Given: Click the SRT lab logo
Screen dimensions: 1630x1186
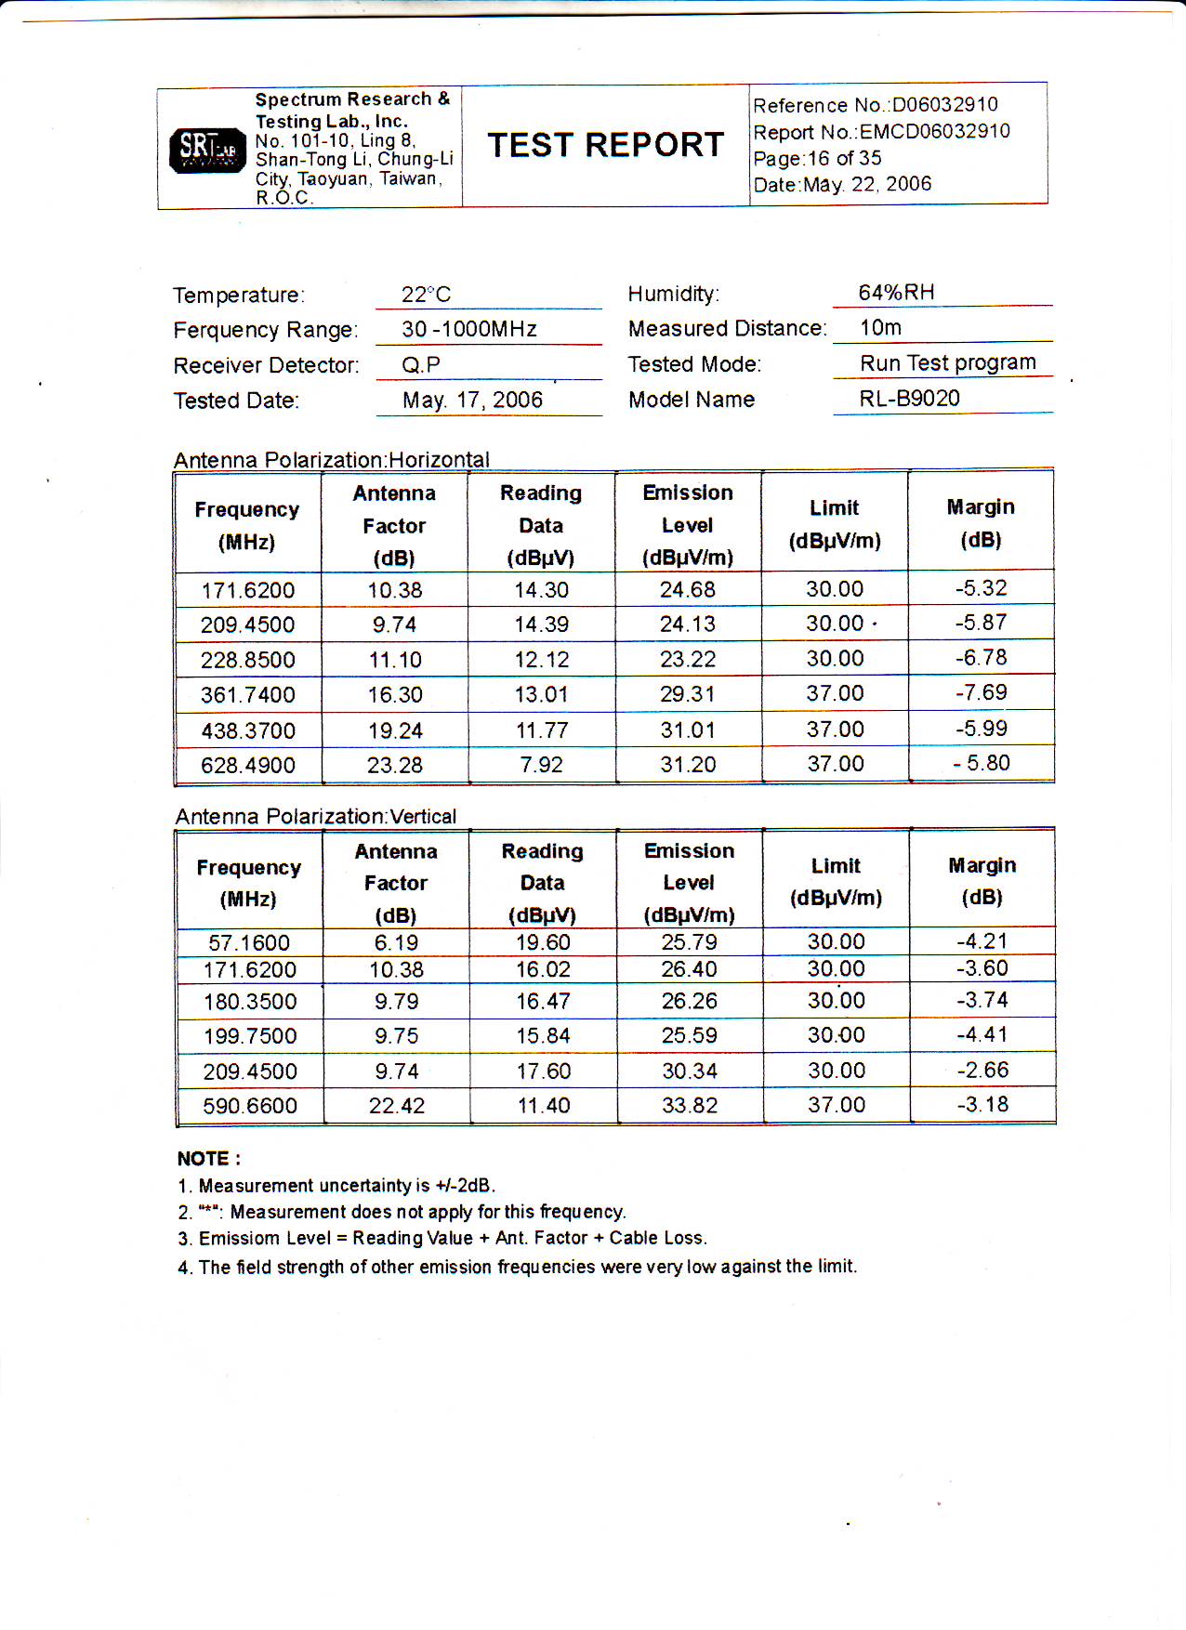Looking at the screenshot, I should tap(207, 149).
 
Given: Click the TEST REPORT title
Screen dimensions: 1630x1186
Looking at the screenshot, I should tap(605, 145).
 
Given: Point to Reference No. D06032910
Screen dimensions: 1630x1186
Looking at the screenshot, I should tap(875, 105).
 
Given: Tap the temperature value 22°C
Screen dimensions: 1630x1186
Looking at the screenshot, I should tap(426, 295).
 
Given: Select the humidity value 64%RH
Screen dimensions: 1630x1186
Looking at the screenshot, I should tap(896, 293).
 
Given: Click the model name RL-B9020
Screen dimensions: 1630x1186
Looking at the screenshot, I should tap(909, 399).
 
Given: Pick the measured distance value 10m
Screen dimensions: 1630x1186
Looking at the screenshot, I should tap(880, 328).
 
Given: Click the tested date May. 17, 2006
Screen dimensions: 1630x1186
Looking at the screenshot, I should tap(472, 401).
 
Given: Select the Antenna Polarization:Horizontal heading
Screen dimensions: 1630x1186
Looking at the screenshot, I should tap(331, 460).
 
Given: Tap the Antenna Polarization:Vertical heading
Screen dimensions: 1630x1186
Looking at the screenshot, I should tap(316, 817).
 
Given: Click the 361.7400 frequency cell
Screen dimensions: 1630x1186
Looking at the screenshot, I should tap(248, 695).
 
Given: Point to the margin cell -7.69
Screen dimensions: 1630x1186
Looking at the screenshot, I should tap(981, 693).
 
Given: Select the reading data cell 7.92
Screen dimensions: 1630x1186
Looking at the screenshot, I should tap(541, 765).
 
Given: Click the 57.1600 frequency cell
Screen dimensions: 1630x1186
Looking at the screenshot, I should tap(249, 943).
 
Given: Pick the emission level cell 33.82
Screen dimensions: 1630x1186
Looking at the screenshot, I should tap(689, 1106).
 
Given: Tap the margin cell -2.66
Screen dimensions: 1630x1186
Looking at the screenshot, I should tap(982, 1071).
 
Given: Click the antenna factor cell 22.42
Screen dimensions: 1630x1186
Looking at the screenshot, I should tap(397, 1106).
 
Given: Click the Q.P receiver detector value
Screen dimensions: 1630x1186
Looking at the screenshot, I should tap(421, 365).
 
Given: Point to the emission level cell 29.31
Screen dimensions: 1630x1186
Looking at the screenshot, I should tap(688, 695).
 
